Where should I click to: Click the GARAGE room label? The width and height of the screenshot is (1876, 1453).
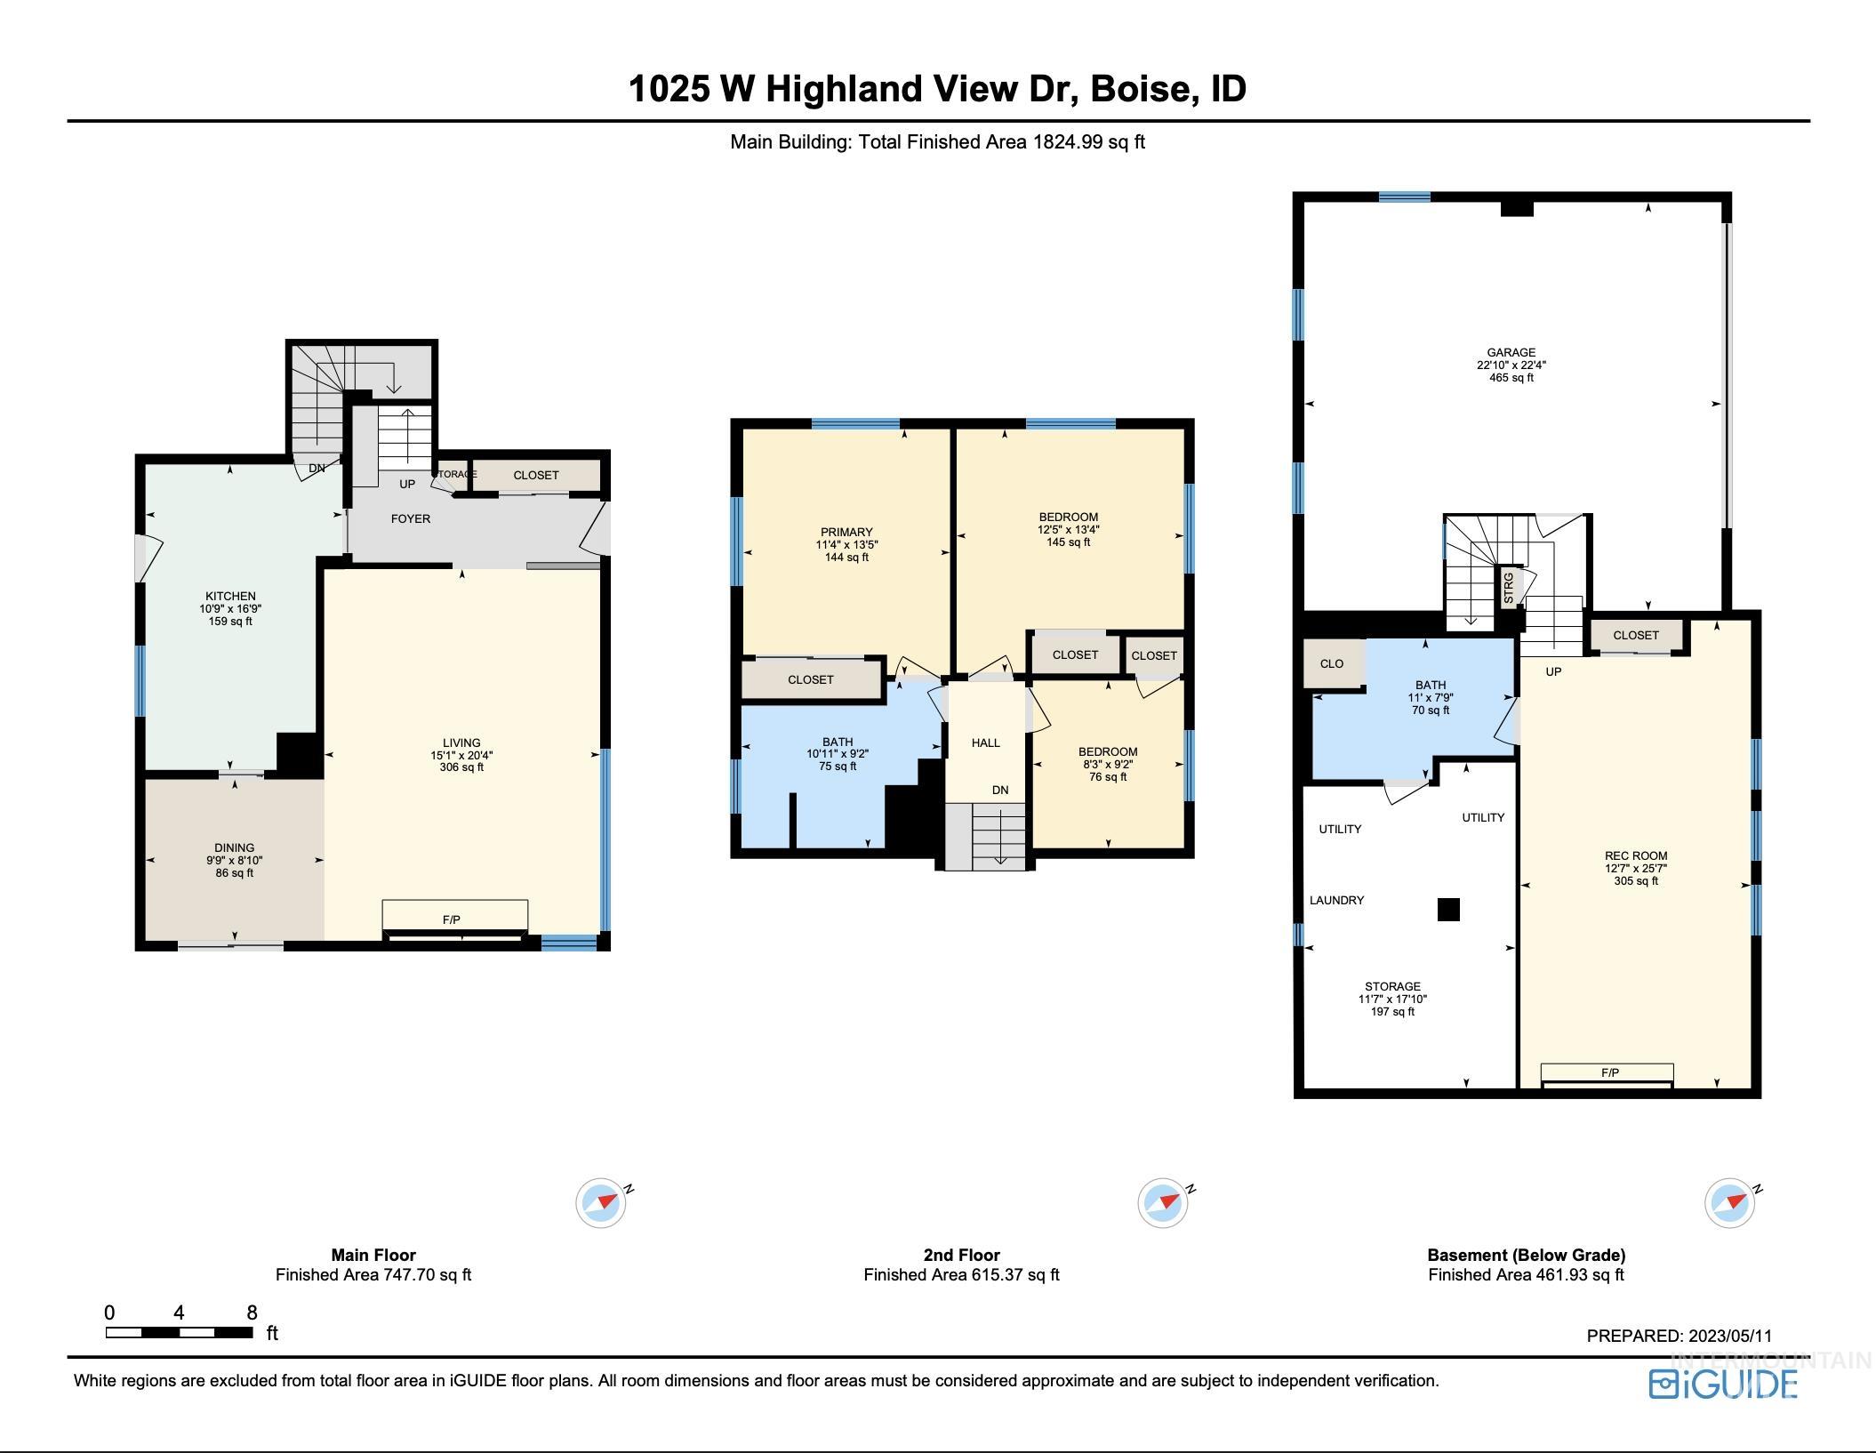pos(1511,352)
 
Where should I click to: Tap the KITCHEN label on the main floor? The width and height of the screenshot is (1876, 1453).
pos(230,596)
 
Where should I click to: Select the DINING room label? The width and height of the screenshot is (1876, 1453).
pos(234,847)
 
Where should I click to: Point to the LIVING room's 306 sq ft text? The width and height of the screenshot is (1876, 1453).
pos(461,767)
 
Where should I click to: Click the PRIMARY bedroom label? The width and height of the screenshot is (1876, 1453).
pos(846,532)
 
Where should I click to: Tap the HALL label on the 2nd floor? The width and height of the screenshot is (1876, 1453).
pos(985,743)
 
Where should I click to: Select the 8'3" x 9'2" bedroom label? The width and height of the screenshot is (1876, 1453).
pos(1108,764)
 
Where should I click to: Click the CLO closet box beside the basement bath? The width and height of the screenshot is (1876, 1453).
pos(1331,663)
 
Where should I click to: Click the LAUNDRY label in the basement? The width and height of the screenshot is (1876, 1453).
pos(1336,900)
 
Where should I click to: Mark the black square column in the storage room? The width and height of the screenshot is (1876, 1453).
pos(1448,909)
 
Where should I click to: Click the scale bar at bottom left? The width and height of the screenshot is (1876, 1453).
pos(179,1332)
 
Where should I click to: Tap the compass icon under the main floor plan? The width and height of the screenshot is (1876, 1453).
pos(602,1203)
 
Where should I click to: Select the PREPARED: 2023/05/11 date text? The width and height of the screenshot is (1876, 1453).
pos(1679,1336)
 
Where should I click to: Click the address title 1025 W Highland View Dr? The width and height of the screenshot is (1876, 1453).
pos(937,88)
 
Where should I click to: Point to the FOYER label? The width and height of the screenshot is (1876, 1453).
pos(410,518)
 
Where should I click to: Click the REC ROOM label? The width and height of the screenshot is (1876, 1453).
pos(1636,855)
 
